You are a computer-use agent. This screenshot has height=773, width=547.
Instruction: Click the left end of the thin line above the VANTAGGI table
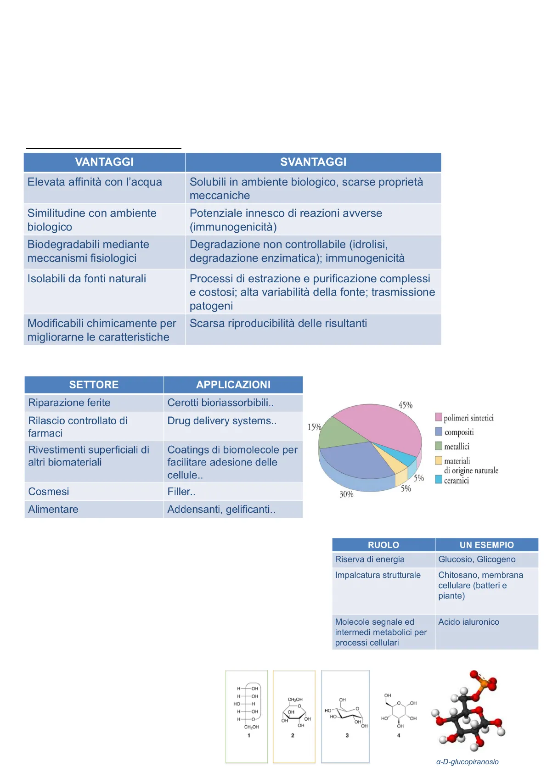(26, 148)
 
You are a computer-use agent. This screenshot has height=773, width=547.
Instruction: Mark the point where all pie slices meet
(370, 442)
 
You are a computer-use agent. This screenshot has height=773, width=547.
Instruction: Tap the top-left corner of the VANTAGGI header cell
(24, 153)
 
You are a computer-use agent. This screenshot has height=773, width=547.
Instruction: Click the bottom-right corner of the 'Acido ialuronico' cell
(538, 650)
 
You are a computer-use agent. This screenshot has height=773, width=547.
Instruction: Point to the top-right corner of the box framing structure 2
(315, 671)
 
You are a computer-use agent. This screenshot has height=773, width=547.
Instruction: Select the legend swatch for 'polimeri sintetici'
(439, 417)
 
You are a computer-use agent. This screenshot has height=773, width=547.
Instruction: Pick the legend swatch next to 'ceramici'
(439, 479)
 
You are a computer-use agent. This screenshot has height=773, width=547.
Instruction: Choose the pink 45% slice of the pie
(387, 425)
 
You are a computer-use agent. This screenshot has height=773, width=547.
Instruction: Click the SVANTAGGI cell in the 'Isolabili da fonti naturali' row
(313, 291)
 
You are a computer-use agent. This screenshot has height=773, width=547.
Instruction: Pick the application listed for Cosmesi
(181, 492)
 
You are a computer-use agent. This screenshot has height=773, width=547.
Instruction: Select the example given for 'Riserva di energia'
(477, 559)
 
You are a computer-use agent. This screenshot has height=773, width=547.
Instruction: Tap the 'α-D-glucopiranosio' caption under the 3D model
(467, 762)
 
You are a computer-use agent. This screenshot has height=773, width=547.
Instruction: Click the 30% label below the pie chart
(346, 494)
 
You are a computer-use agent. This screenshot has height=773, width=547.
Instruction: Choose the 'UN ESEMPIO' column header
(486, 545)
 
